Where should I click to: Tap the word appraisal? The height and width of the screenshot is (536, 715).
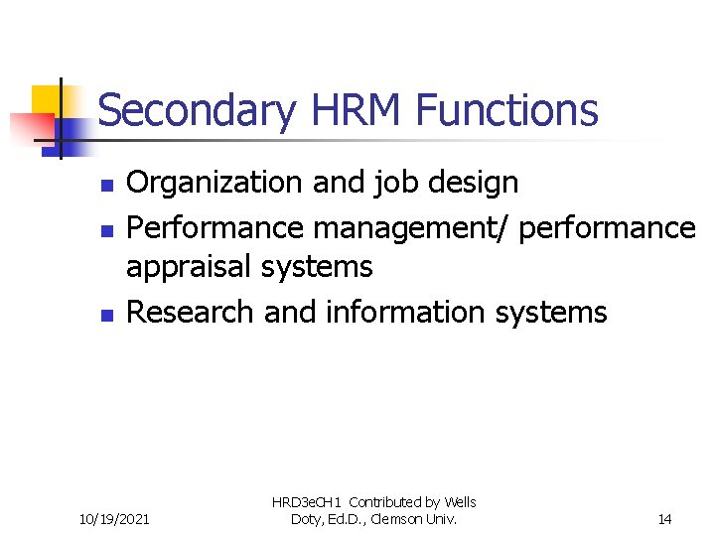[191, 266]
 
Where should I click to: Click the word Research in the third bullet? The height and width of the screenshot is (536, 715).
[192, 312]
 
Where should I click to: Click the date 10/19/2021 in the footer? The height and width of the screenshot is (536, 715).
[114, 518]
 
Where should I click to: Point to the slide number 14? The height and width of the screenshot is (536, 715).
[663, 518]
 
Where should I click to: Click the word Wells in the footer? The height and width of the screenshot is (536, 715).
[459, 502]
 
